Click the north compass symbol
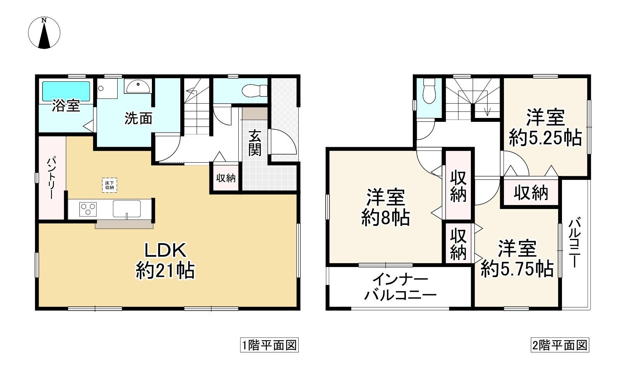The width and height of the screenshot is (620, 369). (x=44, y=33)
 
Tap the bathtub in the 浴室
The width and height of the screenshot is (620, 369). (x=66, y=90)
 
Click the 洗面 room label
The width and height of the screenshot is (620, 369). (x=138, y=118)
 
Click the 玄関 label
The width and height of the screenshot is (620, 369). (x=255, y=143)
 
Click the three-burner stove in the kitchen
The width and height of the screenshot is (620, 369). (x=88, y=209)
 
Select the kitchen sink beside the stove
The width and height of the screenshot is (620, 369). (x=127, y=209)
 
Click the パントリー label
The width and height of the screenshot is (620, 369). (x=51, y=178)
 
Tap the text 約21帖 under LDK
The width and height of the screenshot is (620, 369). (x=165, y=270)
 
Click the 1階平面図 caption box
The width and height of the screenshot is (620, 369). (x=269, y=345)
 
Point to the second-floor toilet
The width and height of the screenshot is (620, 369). (x=429, y=91)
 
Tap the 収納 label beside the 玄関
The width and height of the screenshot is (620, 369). (x=226, y=178)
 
